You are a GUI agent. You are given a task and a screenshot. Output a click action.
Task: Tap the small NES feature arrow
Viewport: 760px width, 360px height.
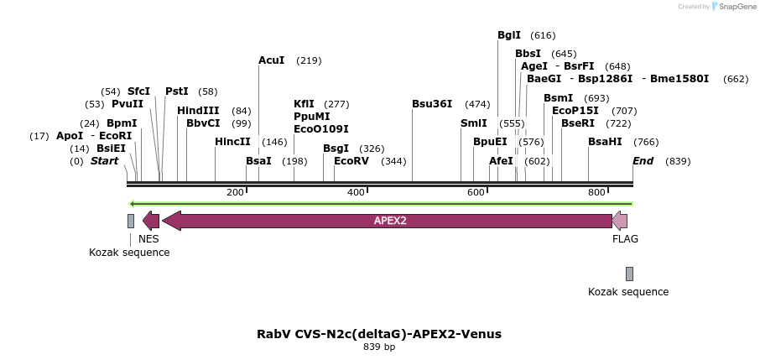(x=151, y=221)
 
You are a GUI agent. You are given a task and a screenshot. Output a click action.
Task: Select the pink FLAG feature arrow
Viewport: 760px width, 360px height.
(x=620, y=221)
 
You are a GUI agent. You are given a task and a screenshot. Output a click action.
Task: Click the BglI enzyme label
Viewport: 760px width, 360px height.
(x=509, y=35)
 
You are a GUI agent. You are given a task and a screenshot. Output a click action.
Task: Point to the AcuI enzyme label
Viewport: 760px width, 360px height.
(x=271, y=60)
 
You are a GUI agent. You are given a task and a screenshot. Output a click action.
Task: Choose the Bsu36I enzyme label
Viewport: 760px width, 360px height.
(x=432, y=104)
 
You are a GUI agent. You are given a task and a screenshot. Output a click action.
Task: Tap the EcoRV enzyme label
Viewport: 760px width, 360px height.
(x=351, y=161)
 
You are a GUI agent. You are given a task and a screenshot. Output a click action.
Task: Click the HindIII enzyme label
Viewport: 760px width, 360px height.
(x=198, y=111)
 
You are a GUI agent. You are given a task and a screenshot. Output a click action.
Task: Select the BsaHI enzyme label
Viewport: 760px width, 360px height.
(x=605, y=142)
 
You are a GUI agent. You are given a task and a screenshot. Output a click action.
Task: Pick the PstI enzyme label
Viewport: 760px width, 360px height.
(x=177, y=91)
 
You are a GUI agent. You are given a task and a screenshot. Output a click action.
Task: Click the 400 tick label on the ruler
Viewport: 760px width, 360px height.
(x=356, y=192)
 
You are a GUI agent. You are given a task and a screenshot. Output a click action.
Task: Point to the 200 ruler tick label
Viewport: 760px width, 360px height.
(x=235, y=192)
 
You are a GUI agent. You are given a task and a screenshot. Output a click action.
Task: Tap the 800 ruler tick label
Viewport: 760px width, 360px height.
(x=596, y=192)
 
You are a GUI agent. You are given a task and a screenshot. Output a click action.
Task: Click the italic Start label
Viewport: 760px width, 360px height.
(x=105, y=161)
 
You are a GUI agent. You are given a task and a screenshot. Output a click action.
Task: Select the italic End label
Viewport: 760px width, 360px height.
(x=643, y=161)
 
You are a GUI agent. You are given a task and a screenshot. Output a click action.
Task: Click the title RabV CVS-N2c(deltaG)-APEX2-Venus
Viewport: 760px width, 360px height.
(x=379, y=334)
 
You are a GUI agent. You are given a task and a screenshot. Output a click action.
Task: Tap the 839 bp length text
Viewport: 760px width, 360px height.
(x=379, y=347)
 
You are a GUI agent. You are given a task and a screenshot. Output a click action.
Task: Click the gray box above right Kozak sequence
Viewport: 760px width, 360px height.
(x=629, y=274)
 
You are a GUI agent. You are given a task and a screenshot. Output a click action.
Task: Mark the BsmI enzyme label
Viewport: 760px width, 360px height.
(x=558, y=98)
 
